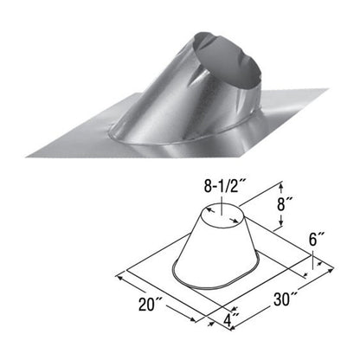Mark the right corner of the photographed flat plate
click(x=329, y=87)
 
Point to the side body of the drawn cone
click(x=212, y=251)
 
